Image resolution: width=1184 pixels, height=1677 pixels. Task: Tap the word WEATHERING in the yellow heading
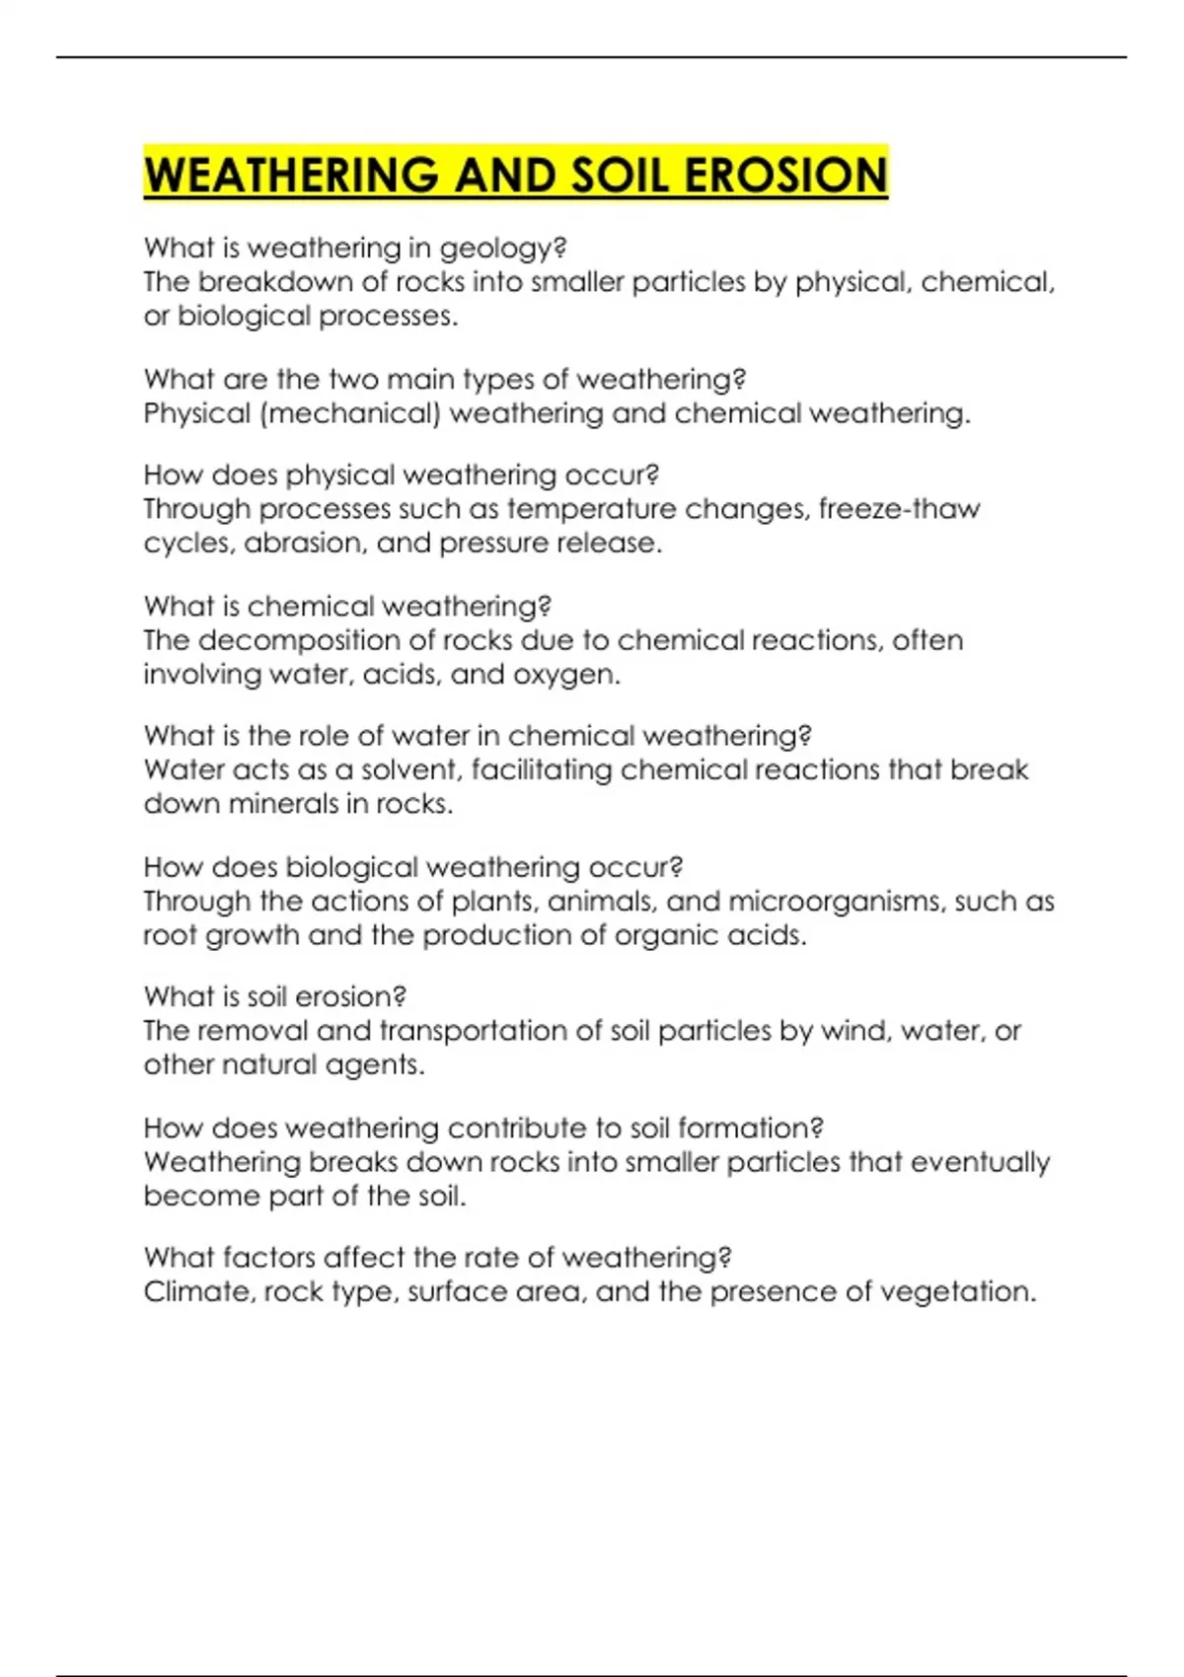click(x=291, y=175)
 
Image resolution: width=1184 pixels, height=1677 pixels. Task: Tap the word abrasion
click(x=301, y=544)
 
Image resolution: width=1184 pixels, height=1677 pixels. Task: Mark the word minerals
click(x=283, y=804)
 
